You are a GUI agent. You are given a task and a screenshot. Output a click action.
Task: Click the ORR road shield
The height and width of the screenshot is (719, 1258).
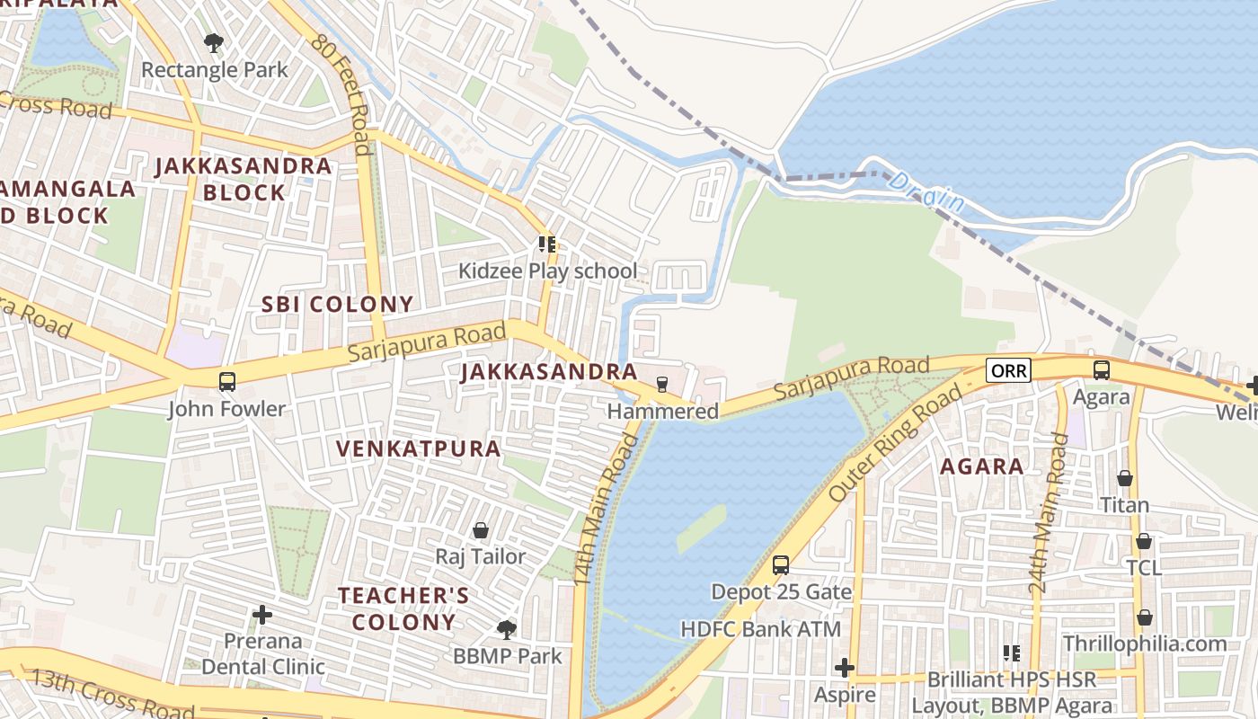pos(1007,370)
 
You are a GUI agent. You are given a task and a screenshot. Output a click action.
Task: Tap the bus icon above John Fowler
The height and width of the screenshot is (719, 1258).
pos(227,381)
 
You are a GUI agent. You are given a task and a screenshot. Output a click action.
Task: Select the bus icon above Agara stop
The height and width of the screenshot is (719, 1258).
pos(1101,369)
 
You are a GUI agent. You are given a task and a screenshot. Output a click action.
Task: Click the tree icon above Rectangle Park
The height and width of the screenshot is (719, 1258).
pos(214,42)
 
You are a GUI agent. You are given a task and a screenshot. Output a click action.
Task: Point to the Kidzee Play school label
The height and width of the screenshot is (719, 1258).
pos(547,271)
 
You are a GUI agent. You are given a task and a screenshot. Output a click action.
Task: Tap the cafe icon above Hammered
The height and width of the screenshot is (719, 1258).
pos(662,384)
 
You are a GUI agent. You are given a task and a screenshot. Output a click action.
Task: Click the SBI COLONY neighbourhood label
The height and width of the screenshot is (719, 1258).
pos(337,304)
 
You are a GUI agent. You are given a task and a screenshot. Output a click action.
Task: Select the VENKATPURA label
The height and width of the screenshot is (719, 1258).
pos(418,448)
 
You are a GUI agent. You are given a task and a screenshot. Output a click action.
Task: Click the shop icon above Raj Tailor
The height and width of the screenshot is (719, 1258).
pos(481,530)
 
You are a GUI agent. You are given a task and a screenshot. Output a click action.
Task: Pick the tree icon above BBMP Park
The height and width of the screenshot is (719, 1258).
pos(507,629)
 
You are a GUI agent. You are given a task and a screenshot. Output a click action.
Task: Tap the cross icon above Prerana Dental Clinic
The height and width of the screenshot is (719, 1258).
pos(262,615)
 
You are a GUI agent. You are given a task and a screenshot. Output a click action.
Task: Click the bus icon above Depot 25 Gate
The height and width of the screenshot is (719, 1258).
pos(781,564)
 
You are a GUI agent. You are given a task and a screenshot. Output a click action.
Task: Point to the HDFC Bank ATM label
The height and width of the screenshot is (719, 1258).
pos(761,629)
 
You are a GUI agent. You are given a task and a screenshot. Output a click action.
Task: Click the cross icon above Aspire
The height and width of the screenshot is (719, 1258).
pos(844,668)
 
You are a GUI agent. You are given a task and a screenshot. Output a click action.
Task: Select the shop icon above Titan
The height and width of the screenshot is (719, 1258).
pos(1124,478)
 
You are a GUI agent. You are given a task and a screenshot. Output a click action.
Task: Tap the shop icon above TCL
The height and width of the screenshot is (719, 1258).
pos(1144,541)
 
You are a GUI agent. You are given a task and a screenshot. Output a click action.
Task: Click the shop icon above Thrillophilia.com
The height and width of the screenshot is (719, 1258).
pos(1144,617)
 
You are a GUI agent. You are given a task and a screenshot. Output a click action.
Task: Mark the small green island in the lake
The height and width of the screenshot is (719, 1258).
pos(701,528)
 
